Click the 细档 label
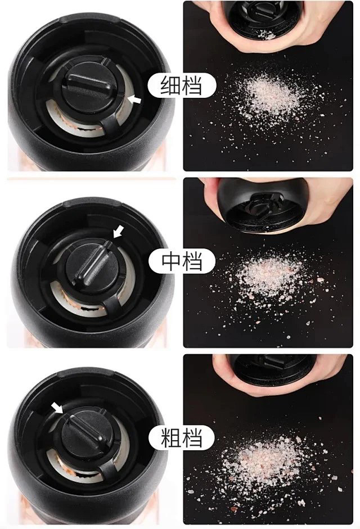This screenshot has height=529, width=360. [x=182, y=85]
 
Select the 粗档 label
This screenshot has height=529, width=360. [x=182, y=437]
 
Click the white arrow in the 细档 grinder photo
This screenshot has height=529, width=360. [x=136, y=100]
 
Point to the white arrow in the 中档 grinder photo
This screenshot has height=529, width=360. [x=118, y=232]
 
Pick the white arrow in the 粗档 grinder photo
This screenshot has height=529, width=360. [x=57, y=407]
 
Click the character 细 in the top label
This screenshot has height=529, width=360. [x=170, y=85]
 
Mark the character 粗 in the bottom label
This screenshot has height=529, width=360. [x=170, y=437]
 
